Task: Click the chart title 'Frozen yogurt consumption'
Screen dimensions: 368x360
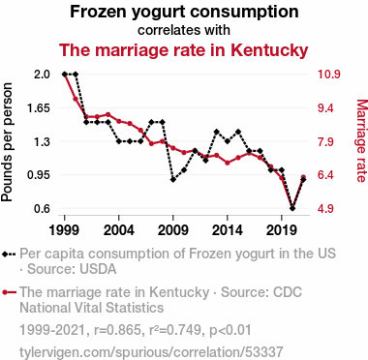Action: (x=184, y=13)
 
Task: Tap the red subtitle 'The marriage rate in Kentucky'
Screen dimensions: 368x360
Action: (x=184, y=50)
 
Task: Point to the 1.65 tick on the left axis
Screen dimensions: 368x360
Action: (x=39, y=107)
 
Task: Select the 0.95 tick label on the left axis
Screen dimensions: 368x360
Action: (x=39, y=175)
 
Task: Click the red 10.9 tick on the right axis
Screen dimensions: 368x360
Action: (x=329, y=75)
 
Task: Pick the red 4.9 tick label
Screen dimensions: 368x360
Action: (x=326, y=208)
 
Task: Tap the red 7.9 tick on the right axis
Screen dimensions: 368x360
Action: (x=326, y=141)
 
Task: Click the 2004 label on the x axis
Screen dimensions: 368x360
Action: (x=119, y=230)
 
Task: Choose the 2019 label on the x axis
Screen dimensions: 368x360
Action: (x=282, y=230)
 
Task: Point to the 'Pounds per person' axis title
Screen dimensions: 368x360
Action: (x=7, y=142)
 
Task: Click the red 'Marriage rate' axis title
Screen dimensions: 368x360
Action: (x=361, y=141)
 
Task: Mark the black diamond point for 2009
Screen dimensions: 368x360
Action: (x=173, y=179)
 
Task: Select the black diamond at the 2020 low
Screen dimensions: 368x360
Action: (x=292, y=208)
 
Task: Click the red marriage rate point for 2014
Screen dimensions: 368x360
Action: (x=228, y=163)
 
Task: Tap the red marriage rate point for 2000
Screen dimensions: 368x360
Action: (x=76, y=99)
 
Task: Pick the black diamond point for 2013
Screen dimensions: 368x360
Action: (x=217, y=132)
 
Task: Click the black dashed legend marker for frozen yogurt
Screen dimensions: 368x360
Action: (x=9, y=254)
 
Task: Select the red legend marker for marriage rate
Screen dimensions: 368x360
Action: (x=9, y=292)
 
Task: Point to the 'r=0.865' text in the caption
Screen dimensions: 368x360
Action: (x=117, y=330)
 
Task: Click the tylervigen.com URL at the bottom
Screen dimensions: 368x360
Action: (x=151, y=352)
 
